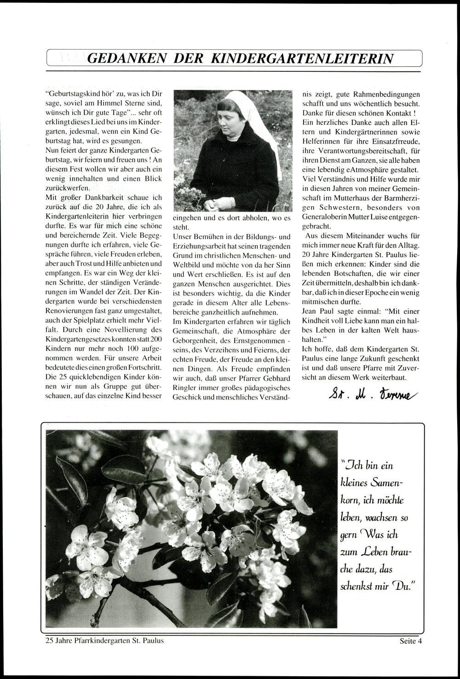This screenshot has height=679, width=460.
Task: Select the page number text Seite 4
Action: tap(411, 640)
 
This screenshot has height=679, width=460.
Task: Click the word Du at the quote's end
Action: tap(402, 587)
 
